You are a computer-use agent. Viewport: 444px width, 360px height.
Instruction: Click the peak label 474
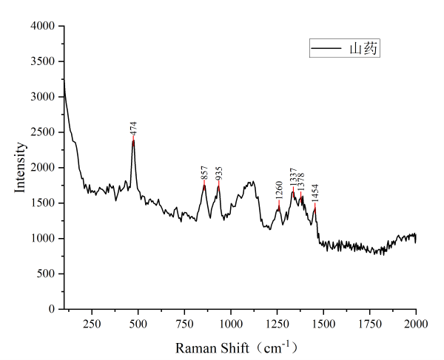tap(133, 127)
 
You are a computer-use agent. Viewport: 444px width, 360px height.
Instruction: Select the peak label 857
tap(204, 174)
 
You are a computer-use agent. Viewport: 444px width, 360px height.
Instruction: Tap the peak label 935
tap(219, 174)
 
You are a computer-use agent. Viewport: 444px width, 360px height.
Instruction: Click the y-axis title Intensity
tap(21, 168)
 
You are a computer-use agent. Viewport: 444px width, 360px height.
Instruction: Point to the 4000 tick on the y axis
tap(43, 26)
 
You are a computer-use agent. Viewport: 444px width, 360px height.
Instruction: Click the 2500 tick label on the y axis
tap(43, 132)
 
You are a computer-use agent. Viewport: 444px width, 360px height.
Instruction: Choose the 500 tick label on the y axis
tap(47, 274)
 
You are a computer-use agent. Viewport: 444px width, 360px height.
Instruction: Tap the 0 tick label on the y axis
tap(53, 309)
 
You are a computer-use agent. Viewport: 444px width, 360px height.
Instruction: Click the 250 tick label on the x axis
tap(92, 324)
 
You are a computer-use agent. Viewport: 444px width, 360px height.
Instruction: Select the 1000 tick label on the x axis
tap(230, 324)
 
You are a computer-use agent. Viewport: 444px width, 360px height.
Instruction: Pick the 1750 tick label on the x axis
tap(369, 324)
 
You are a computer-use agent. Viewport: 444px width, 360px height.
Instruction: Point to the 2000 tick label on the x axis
tap(415, 324)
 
